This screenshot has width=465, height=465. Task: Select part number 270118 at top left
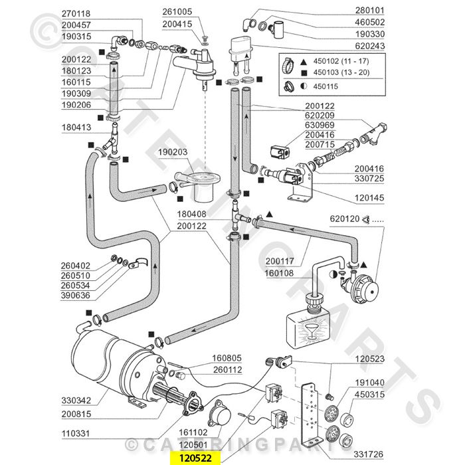click(x=75, y=13)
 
